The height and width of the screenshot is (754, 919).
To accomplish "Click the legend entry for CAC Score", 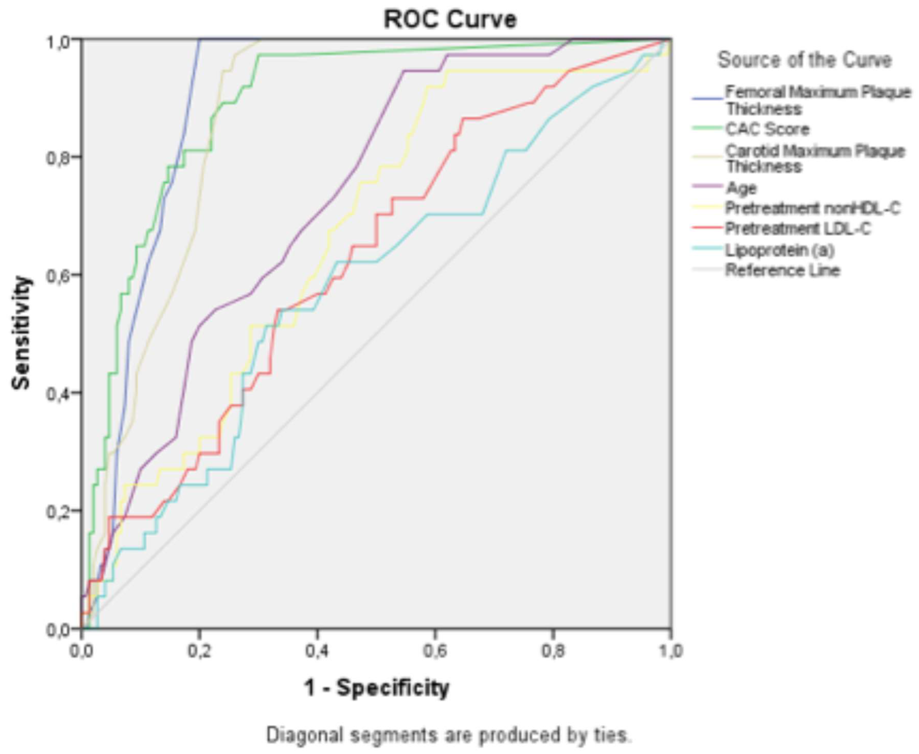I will pos(767,129).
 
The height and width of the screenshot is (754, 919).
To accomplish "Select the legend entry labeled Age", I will pos(741,188).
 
